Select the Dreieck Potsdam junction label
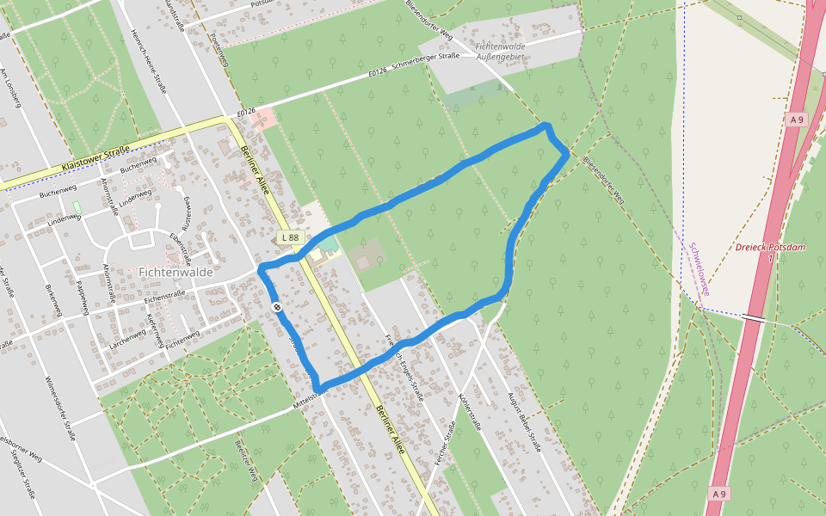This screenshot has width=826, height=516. point(770,249)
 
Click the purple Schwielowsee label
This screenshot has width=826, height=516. point(699,269)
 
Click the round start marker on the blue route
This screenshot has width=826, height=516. point(277,307)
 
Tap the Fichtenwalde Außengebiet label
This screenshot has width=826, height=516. point(500,50)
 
